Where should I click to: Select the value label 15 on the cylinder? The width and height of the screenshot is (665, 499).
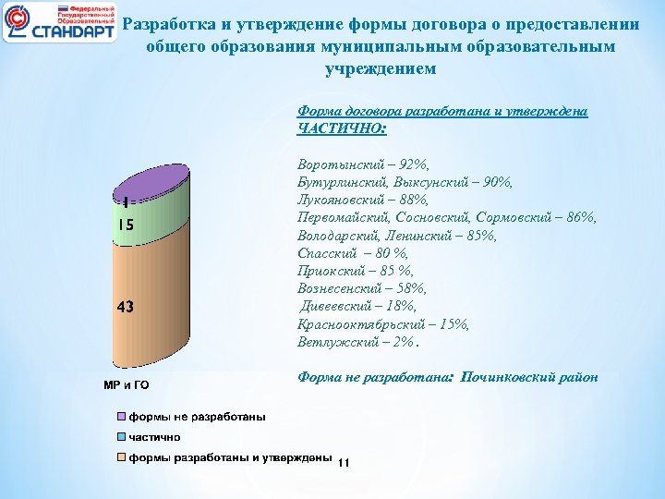pyautogui.click(x=126, y=225)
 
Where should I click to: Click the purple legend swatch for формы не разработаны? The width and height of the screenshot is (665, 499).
pyautogui.click(x=121, y=417)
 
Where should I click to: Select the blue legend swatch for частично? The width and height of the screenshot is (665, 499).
pyautogui.click(x=121, y=437)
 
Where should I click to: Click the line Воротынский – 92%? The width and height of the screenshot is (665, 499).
pyautogui.click(x=364, y=164)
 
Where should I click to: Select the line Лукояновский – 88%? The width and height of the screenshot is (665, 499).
pyautogui.click(x=365, y=200)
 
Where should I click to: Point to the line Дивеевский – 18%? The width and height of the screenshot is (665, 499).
pyautogui.click(x=358, y=306)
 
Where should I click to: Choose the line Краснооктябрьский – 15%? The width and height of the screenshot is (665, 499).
pyautogui.click(x=383, y=324)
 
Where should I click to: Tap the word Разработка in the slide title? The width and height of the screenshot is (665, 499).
pyautogui.click(x=172, y=25)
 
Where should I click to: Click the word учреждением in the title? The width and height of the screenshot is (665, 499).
pyautogui.click(x=380, y=68)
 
